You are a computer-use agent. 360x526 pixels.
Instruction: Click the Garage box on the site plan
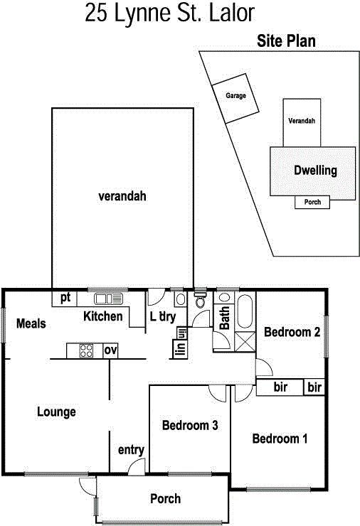coord(235,98)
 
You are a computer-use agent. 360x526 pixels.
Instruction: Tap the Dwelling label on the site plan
coord(315,171)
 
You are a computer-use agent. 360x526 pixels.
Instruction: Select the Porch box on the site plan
coord(312,203)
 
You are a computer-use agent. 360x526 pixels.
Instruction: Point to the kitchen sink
coord(108,299)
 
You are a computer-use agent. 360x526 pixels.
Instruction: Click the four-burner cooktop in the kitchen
coord(86,351)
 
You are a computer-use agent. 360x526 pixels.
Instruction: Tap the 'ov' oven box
coord(110,351)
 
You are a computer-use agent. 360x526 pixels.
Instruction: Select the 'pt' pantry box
coord(65,299)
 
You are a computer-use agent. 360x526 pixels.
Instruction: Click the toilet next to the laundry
coord(200,300)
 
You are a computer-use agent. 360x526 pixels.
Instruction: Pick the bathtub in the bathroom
coord(245,311)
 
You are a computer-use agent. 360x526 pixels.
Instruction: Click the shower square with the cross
coord(245,341)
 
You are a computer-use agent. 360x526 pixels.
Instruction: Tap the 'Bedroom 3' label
coord(190,425)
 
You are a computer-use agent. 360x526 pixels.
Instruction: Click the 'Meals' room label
coord(31,323)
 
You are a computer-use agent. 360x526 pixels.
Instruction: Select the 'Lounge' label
coord(56,412)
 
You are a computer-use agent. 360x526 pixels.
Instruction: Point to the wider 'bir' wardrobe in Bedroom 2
coord(280,387)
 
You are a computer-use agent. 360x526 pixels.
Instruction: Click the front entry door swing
coord(136,466)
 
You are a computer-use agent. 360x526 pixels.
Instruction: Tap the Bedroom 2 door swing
coord(264,367)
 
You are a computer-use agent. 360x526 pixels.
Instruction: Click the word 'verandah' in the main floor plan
coord(122,196)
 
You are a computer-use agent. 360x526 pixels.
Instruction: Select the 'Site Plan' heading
coord(287,41)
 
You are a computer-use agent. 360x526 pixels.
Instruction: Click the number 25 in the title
coord(95,13)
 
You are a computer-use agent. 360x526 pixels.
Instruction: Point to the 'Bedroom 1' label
coord(280,439)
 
